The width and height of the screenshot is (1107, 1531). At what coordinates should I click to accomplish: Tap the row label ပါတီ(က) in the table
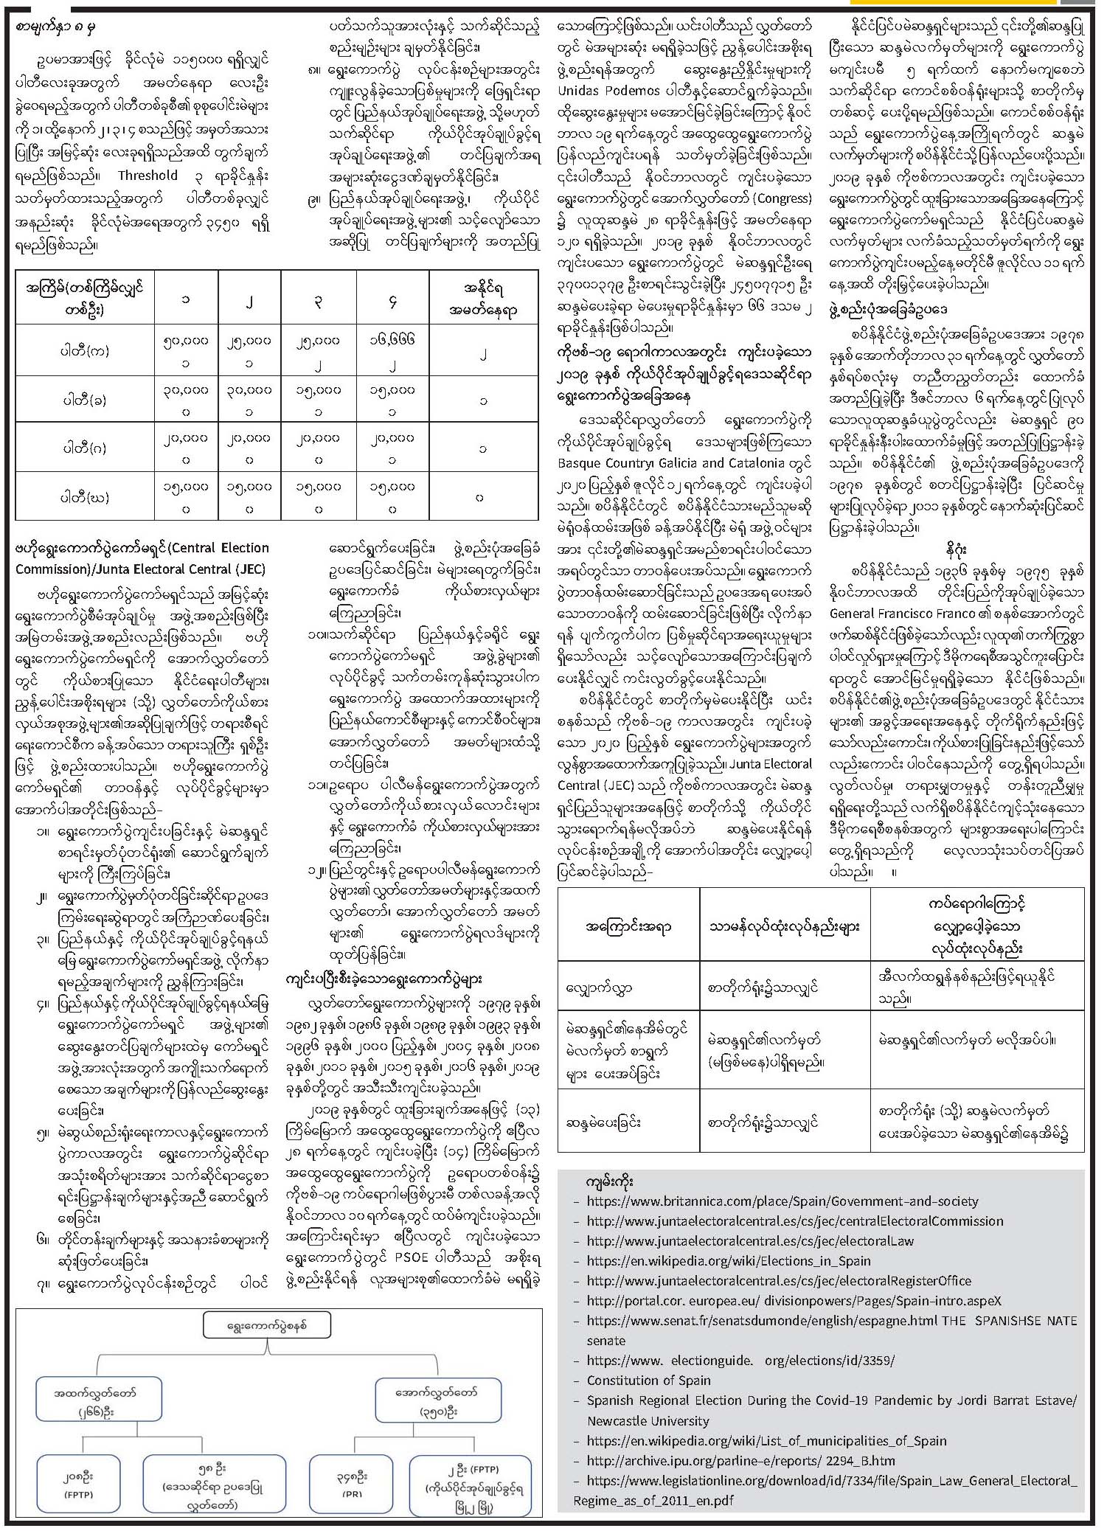[85, 350]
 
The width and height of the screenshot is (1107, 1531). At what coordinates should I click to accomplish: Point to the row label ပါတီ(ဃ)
[85, 497]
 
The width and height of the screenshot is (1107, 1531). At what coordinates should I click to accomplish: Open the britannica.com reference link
[782, 1201]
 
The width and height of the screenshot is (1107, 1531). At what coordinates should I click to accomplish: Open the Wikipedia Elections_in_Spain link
[729, 1261]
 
